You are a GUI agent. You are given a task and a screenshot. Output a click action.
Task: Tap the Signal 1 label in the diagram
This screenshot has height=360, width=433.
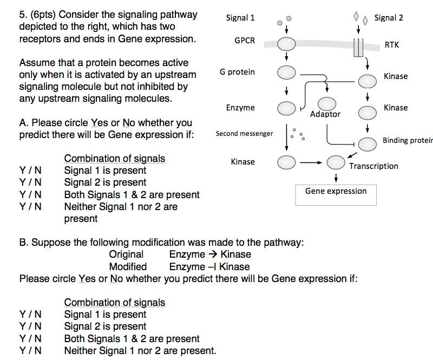(x=240, y=18)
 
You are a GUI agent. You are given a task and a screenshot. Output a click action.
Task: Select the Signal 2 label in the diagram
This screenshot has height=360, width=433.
(x=389, y=18)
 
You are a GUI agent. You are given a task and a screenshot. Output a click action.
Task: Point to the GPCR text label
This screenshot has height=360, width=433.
(x=245, y=41)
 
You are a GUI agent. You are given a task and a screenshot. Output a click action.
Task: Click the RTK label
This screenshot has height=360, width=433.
(x=392, y=45)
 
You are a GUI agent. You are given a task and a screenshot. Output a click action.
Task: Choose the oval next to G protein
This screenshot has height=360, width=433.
(x=287, y=72)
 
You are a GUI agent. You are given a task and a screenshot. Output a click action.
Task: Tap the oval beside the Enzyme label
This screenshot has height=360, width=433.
(x=287, y=108)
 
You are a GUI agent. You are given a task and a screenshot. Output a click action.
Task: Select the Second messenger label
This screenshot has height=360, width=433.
(x=244, y=134)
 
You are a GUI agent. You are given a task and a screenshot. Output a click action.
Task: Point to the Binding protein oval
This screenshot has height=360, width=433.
(x=368, y=144)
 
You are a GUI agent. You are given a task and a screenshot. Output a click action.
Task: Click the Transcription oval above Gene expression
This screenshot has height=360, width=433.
(x=336, y=161)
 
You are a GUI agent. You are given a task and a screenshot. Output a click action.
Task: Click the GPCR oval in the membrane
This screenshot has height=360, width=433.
(x=287, y=43)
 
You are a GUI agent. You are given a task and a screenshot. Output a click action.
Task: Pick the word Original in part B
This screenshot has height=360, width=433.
(x=126, y=254)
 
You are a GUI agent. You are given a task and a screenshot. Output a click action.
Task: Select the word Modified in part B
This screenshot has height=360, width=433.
(x=128, y=266)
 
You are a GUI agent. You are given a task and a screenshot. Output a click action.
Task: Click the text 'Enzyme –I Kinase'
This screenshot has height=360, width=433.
(x=209, y=266)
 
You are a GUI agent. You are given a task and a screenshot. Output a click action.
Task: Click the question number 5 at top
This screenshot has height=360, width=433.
(x=23, y=15)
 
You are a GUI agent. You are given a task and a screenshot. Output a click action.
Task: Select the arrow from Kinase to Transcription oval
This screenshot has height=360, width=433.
(x=311, y=161)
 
